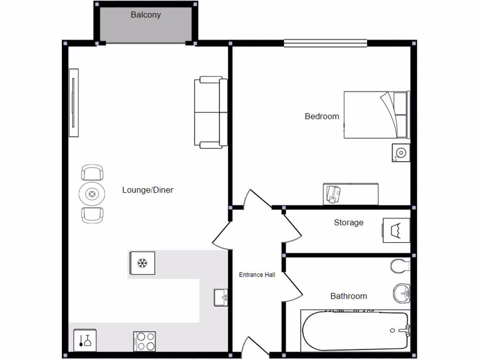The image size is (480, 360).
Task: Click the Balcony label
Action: tap(146, 15)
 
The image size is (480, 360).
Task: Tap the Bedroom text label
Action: tap(322, 116)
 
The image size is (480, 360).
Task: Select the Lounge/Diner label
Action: tap(148, 190)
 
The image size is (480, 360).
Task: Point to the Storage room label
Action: tap(348, 223)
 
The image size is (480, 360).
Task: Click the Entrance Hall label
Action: tap(257, 275)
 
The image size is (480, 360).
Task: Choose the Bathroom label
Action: tap(348, 296)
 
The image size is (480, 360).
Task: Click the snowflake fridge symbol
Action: tap(142, 263)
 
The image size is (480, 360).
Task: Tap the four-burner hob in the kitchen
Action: tap(144, 341)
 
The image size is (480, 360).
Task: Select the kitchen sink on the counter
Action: tap(221, 297)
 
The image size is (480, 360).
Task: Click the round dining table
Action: tap(92, 194)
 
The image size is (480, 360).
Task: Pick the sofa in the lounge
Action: tap(210, 112)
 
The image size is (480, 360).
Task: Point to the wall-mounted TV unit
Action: tap(74, 103)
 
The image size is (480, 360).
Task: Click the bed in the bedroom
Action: tap(376, 115)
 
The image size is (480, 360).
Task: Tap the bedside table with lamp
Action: tap(401, 152)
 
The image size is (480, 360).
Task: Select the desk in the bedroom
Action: tap(351, 194)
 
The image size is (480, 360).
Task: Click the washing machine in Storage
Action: tap(397, 230)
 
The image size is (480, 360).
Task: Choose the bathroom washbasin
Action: tap(402, 293)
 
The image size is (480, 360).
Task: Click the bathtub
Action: tap(355, 330)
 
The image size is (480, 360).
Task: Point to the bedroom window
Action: tap(325, 44)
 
